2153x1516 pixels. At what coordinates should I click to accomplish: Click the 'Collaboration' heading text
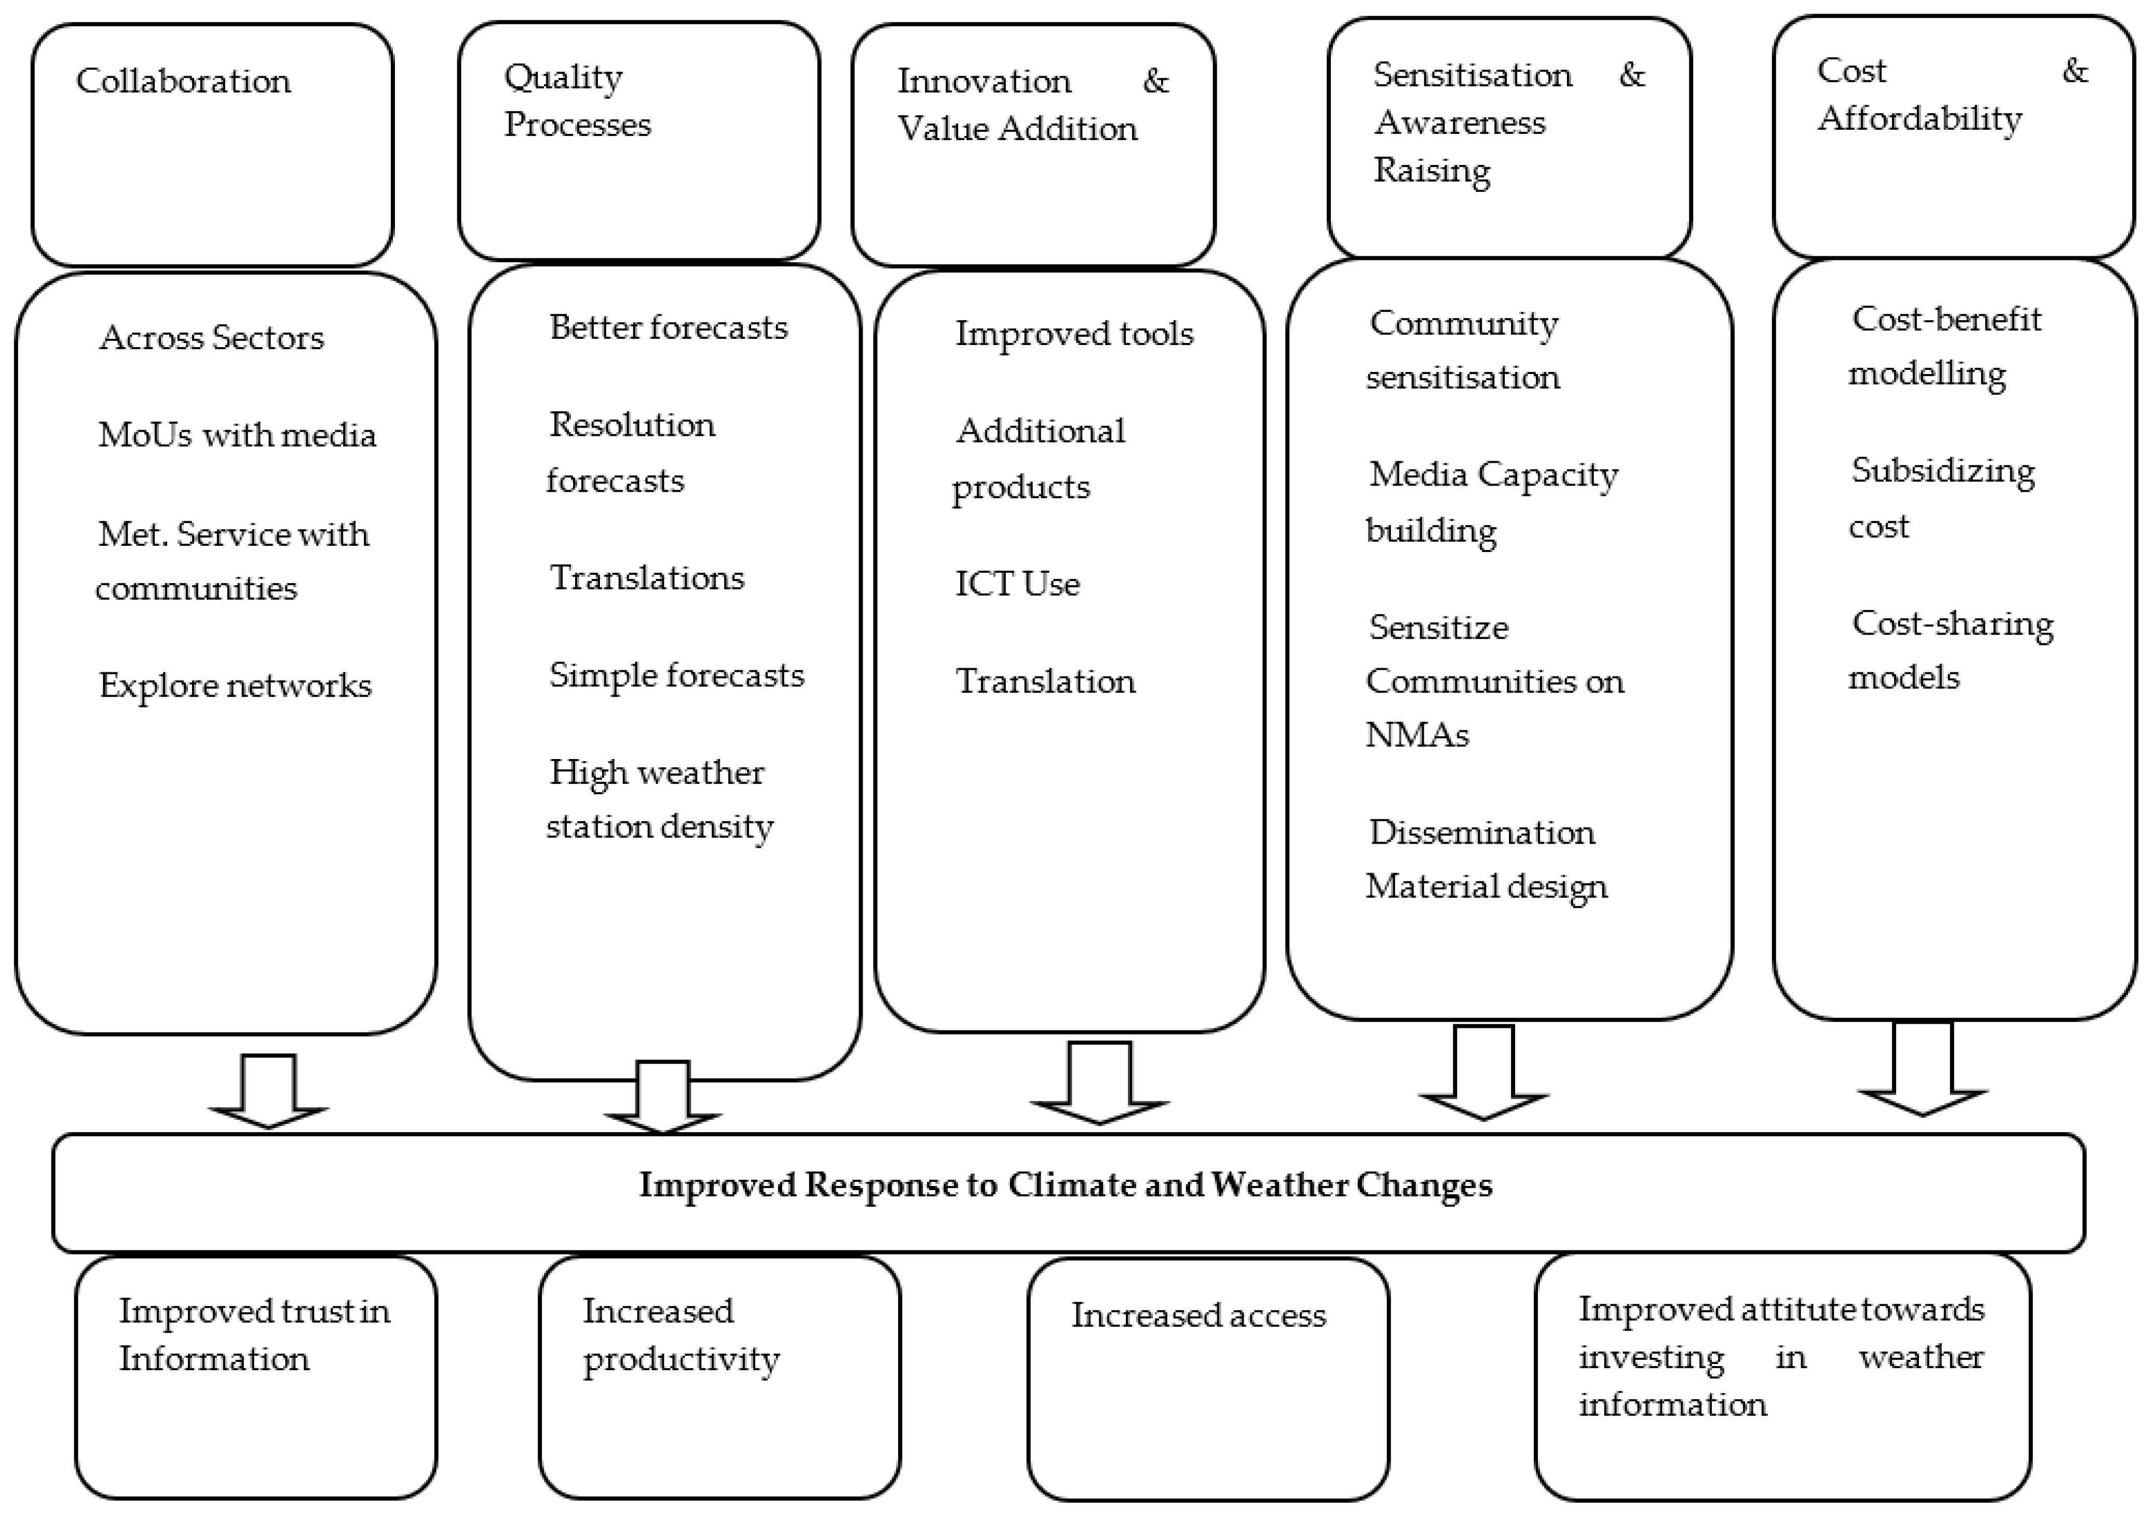(184, 81)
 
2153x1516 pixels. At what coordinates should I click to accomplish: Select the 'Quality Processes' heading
(577, 100)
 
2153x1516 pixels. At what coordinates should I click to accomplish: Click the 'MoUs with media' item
(237, 435)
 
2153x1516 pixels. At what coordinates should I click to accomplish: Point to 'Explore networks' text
(235, 685)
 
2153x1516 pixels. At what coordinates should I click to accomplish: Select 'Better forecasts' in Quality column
(667, 327)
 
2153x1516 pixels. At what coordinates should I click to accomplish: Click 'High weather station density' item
(659, 799)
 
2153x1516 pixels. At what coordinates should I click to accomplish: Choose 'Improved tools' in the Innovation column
(1074, 334)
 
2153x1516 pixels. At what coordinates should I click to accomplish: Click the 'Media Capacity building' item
(1492, 502)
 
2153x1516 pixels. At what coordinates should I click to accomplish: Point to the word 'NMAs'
(1417, 735)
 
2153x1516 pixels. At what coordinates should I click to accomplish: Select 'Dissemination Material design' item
(1486, 859)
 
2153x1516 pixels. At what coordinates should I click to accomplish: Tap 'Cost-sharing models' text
(1951, 650)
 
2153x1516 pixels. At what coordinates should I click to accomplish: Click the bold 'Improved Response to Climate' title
(1065, 1185)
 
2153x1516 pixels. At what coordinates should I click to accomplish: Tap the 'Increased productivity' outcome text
(681, 1335)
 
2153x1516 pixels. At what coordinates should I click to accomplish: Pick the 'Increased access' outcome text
(1198, 1315)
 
